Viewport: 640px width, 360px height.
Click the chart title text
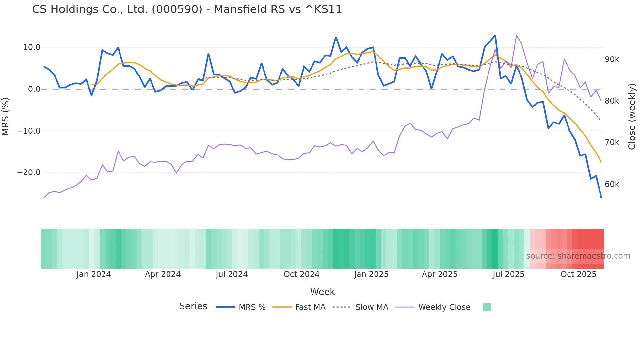point(187,9)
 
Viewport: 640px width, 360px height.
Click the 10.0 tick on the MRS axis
point(32,47)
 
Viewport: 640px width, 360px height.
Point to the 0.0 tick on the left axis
point(34,89)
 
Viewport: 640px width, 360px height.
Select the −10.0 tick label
point(29,131)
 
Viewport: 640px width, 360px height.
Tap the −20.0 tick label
point(29,172)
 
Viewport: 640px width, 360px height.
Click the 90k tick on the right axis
point(612,59)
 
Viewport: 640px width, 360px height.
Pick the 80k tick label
point(612,101)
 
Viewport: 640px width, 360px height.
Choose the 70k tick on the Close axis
point(612,142)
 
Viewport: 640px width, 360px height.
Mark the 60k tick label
point(612,184)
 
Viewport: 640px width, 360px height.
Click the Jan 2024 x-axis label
point(94,274)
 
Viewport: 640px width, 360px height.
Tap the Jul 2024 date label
point(232,274)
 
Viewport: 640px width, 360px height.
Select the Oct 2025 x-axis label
point(578,274)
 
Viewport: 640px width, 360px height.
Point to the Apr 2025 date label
point(440,274)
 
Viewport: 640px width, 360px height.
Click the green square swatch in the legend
point(487,307)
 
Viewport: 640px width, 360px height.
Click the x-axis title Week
point(322,292)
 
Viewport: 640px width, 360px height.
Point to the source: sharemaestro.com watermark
point(578,256)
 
